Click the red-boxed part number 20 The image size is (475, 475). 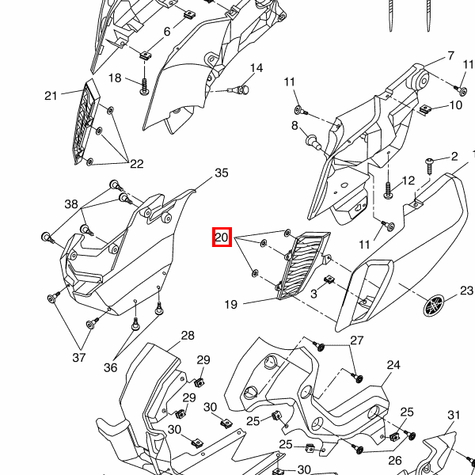point(222,237)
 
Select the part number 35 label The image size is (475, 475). point(222,173)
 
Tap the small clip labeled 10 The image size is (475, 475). point(424,109)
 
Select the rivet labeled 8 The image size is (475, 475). point(313,142)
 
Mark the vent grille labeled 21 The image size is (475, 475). point(85,123)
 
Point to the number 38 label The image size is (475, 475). point(72,203)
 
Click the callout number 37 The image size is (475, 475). point(79,358)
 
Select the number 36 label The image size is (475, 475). point(110,367)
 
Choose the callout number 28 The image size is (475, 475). point(187,336)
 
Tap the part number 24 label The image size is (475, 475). point(393,365)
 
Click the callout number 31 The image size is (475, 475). point(454,415)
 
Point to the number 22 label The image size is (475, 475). point(137,164)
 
